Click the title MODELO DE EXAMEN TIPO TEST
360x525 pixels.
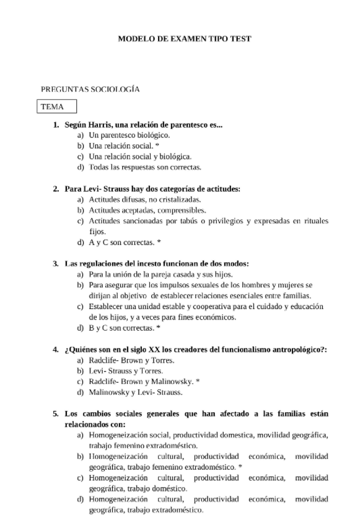(x=185, y=38)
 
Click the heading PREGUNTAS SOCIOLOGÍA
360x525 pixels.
(x=90, y=89)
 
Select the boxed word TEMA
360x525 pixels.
(x=53, y=106)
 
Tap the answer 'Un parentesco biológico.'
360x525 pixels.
(x=129, y=135)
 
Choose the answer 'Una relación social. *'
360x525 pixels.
(x=125, y=145)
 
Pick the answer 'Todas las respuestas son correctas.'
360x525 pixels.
(x=145, y=167)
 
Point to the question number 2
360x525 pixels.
(x=56, y=189)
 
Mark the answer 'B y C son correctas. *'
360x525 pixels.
(x=125, y=328)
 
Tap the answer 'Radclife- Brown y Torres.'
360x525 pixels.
(x=131, y=360)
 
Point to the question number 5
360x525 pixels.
(x=56, y=414)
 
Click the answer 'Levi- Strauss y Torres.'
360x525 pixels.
(x=126, y=371)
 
